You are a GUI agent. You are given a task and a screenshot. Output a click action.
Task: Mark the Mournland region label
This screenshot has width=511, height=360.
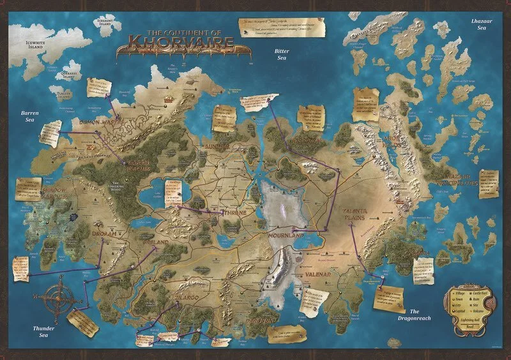[285, 236]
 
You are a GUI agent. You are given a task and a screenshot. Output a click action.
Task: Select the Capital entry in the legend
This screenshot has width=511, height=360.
[458, 313]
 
